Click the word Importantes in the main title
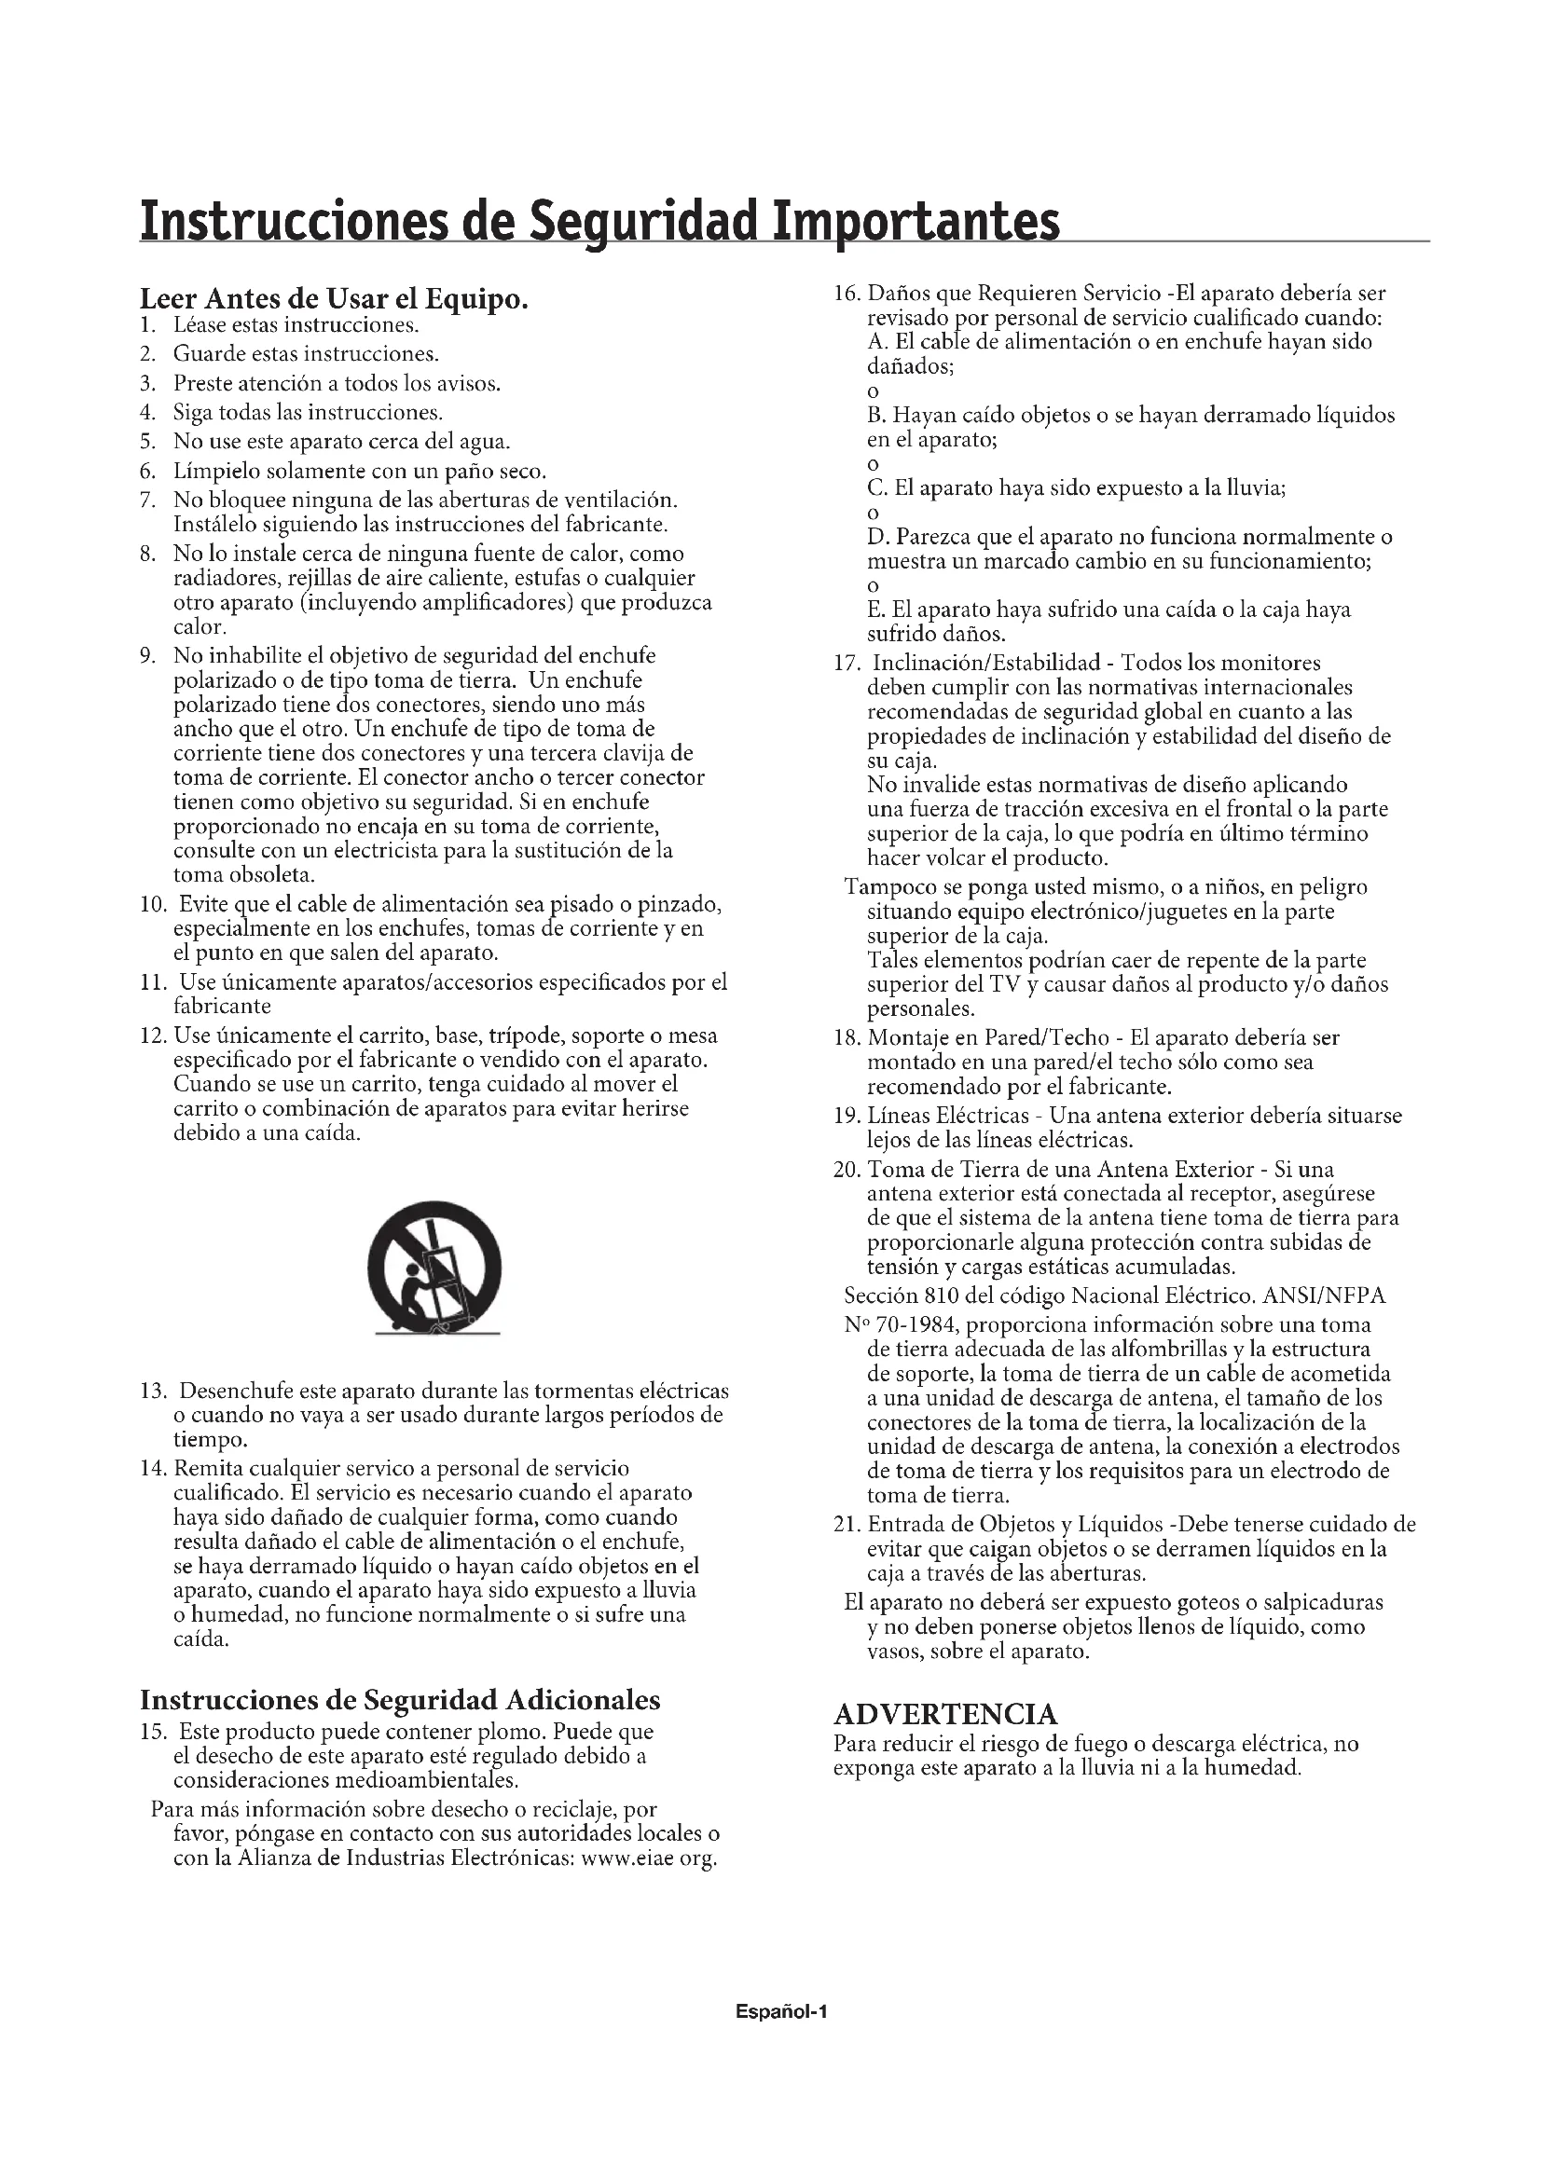coord(916,222)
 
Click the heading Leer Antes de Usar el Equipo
coord(333,299)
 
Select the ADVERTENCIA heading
coord(944,1715)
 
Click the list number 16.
coord(846,294)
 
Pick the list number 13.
coord(153,1392)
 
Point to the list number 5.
coord(147,443)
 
